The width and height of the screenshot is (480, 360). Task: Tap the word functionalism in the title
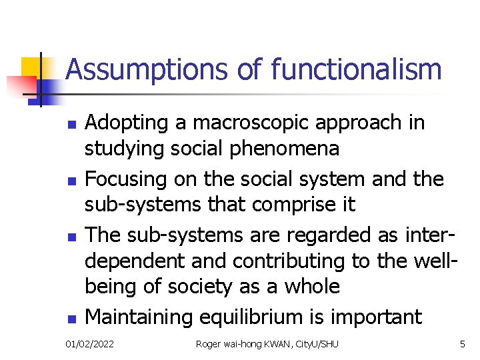356,69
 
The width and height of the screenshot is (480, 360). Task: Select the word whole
311,287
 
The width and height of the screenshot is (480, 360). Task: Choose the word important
379,316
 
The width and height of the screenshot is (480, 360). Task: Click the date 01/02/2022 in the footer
90,344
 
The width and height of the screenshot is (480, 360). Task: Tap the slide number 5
462,344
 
